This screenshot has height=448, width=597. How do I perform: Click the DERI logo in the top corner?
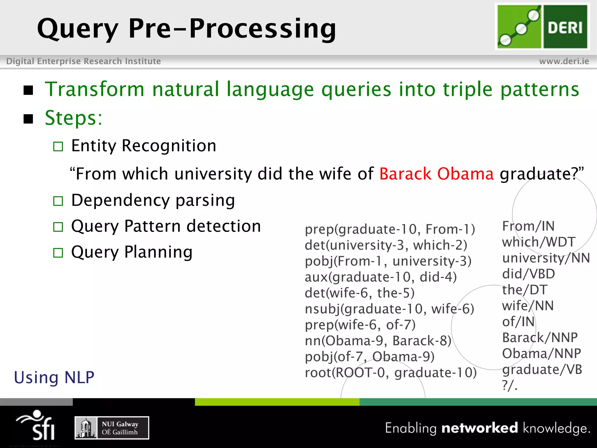(542, 27)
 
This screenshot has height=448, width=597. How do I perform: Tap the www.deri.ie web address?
(564, 61)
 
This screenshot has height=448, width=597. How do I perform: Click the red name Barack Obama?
(436, 174)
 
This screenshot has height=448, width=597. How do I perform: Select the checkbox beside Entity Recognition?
(58, 146)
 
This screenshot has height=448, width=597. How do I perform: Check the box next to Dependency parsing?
(58, 201)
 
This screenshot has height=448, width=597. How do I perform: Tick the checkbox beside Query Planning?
(58, 253)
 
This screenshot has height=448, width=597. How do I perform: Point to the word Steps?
(73, 118)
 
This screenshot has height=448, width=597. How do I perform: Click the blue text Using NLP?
(54, 377)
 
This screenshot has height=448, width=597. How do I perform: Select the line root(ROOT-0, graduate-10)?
(391, 372)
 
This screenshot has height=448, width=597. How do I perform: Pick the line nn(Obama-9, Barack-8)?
(378, 341)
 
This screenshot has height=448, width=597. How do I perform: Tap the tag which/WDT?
(538, 242)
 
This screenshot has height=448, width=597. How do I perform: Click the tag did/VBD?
(528, 274)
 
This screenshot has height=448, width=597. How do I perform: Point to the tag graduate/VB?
(542, 370)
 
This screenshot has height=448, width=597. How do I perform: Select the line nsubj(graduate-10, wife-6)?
(389, 309)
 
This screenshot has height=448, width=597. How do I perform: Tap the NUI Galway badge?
(112, 428)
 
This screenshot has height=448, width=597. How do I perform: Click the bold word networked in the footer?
(480, 428)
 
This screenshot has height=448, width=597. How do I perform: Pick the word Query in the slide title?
(78, 29)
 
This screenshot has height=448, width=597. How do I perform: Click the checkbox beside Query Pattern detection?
(58, 227)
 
